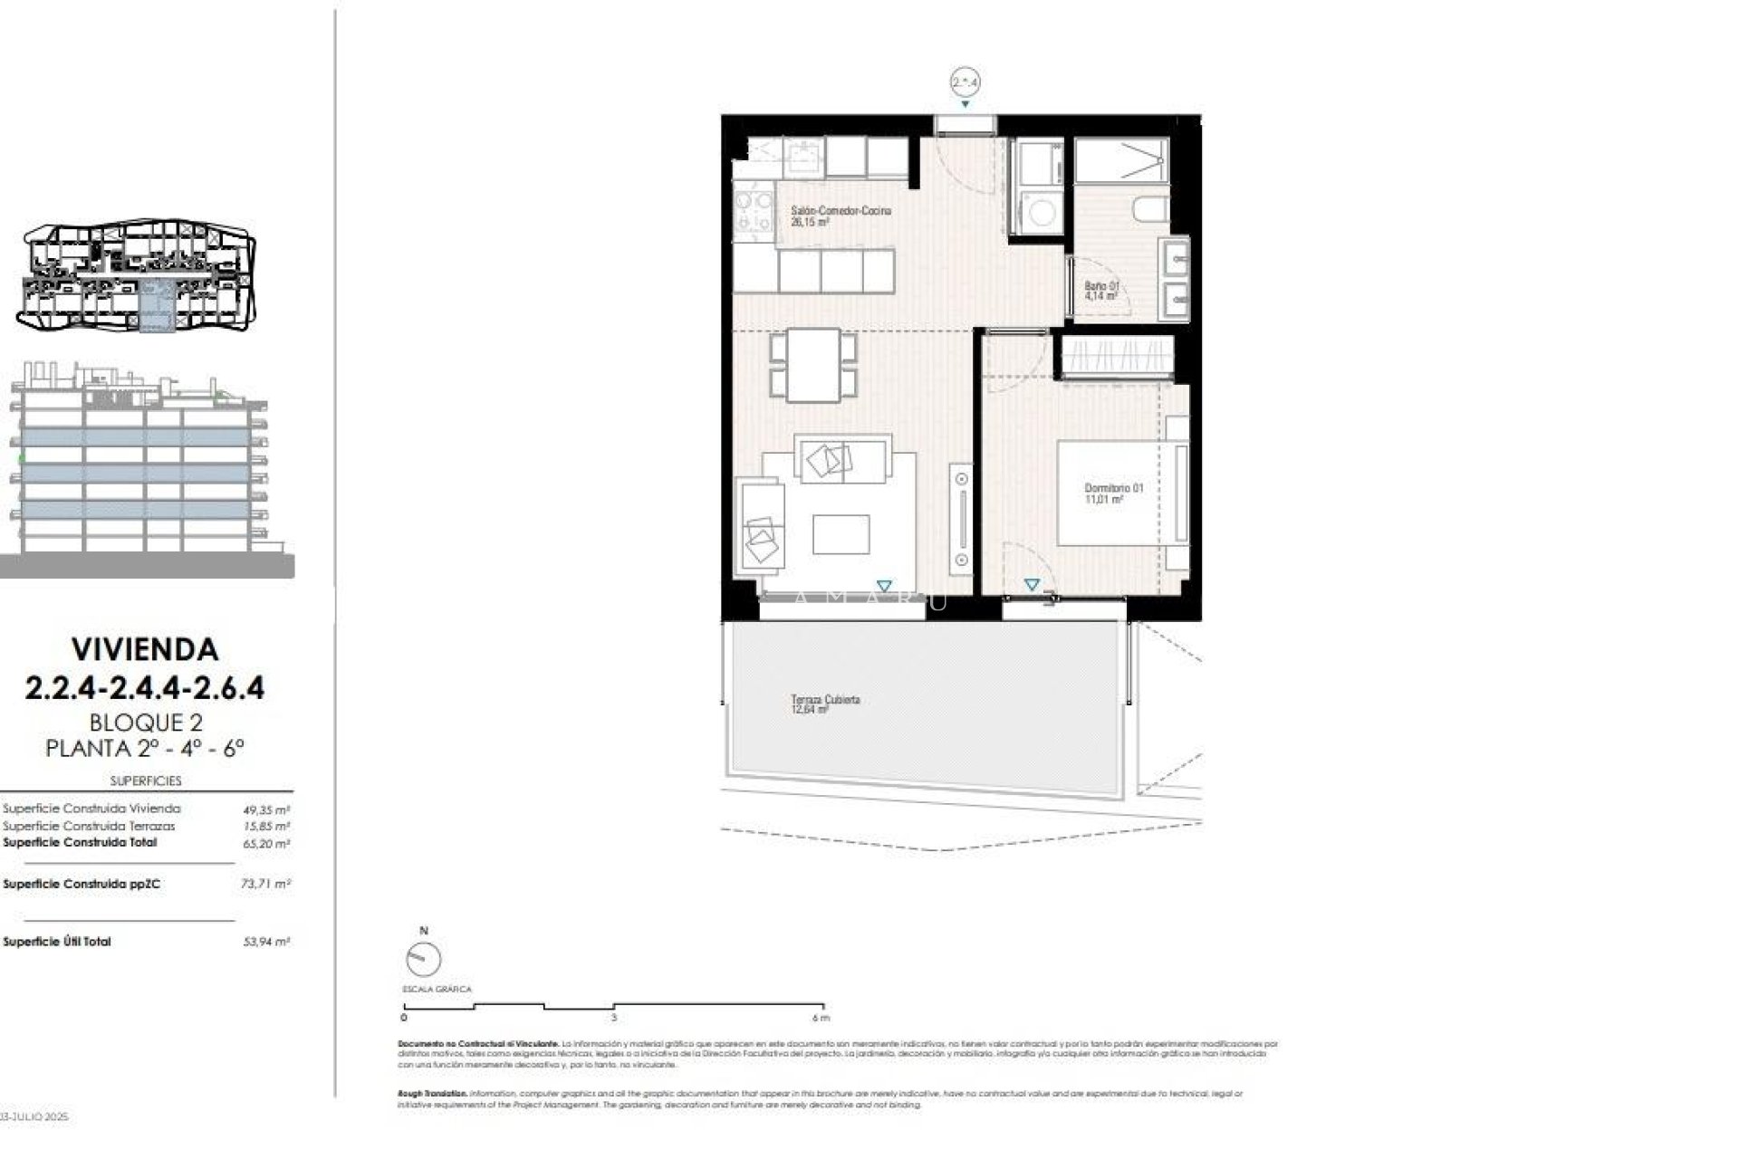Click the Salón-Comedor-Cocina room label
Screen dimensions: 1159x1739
[x=841, y=211]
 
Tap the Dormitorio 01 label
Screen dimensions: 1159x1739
[x=1113, y=488]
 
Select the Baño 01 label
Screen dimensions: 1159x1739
[x=1101, y=286]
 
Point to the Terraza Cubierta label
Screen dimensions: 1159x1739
[x=824, y=700]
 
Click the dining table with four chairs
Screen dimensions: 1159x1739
[x=813, y=364]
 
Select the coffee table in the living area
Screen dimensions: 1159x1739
[x=841, y=534]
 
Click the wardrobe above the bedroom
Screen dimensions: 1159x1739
[x=1118, y=356]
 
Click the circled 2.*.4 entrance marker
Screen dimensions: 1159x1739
[x=966, y=82]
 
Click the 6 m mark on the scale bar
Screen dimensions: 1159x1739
[x=821, y=1017]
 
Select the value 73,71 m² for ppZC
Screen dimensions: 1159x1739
[x=265, y=884]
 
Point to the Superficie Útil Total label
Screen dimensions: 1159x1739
[x=57, y=942]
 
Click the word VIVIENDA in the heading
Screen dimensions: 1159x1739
[x=145, y=649]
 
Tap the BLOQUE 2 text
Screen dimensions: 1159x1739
[x=145, y=723]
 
